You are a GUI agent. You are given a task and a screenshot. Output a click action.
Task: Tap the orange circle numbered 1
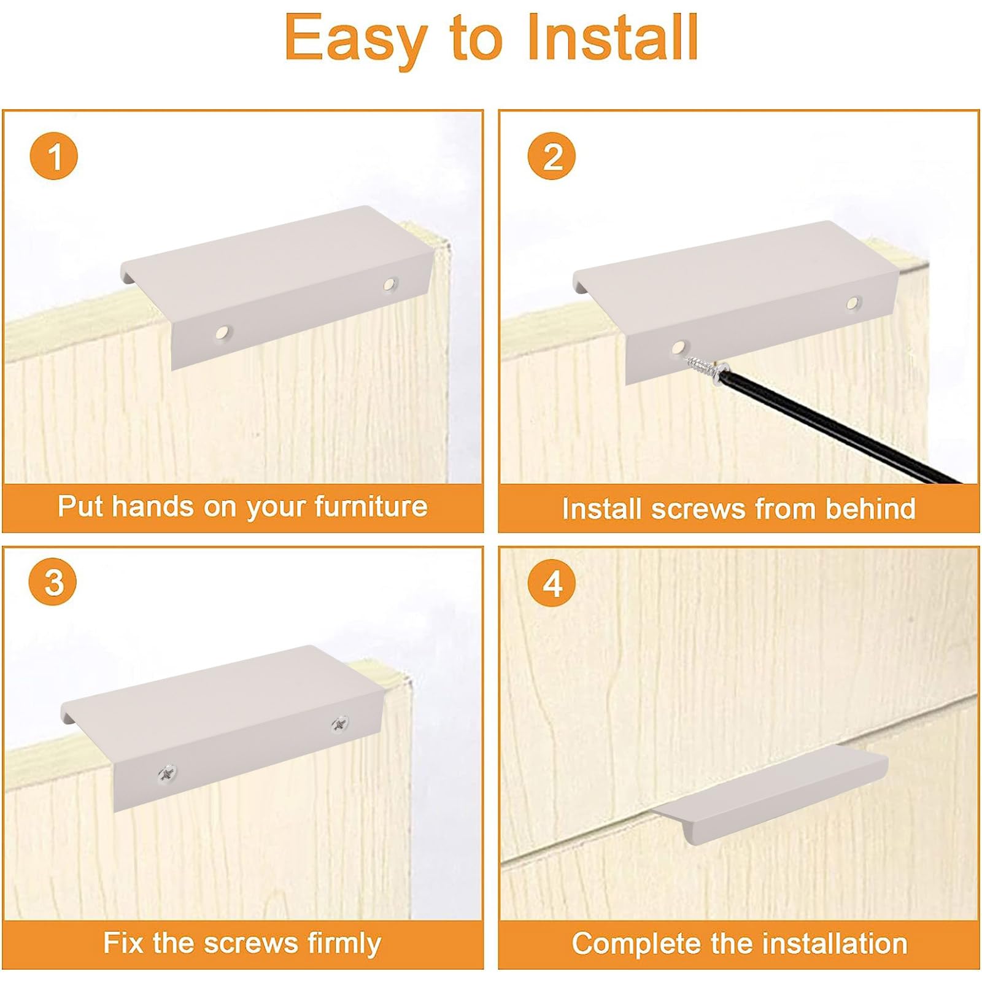tap(54, 156)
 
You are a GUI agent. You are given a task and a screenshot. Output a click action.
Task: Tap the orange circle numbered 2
tap(552, 156)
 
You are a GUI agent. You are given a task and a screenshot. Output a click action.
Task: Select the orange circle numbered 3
tap(53, 581)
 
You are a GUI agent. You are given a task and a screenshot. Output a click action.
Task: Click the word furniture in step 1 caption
tap(371, 506)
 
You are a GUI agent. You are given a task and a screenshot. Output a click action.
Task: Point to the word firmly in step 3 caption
tap(338, 943)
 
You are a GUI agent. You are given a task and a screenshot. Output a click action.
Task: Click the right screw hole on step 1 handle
tap(390, 284)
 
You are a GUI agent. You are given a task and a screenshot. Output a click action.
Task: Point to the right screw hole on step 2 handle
tap(852, 302)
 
